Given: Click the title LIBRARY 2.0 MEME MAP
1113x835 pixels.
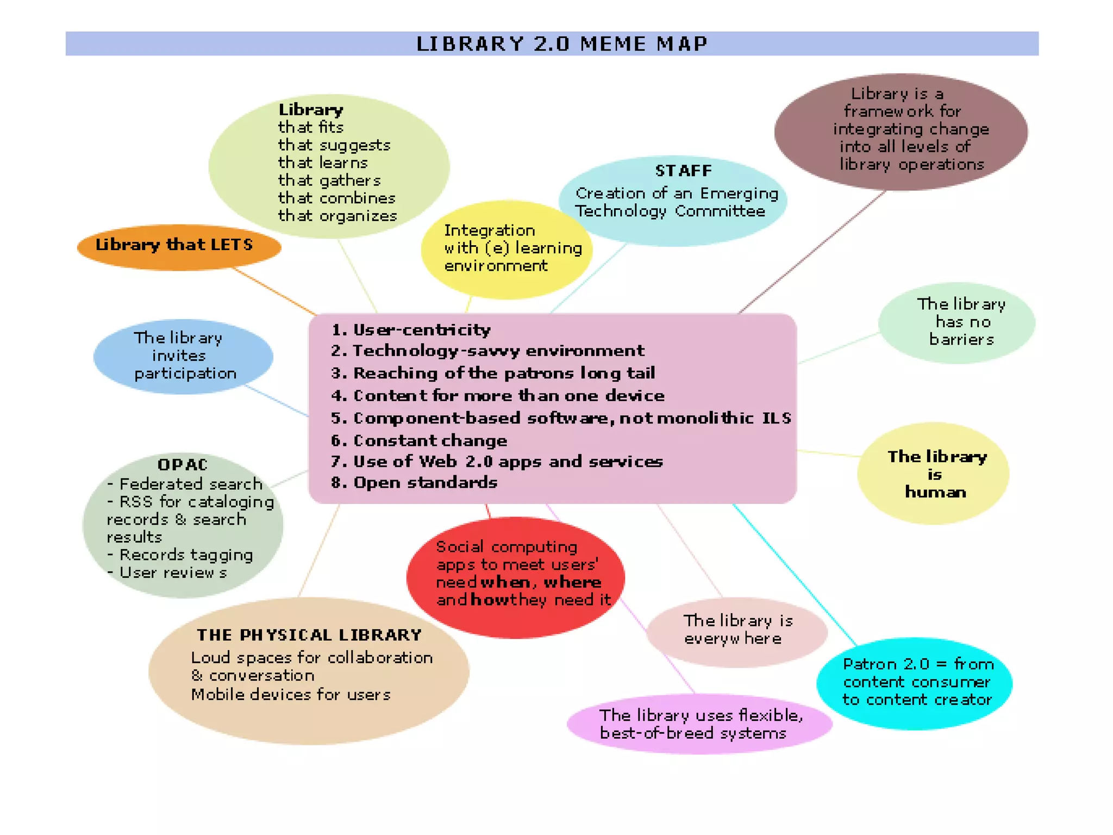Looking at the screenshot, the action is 562,43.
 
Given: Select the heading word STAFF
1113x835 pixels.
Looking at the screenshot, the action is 683,171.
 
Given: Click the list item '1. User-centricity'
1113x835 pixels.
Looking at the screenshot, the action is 411,330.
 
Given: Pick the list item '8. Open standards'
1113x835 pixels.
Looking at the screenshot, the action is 415,483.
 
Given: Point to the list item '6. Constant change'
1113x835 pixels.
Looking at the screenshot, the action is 420,440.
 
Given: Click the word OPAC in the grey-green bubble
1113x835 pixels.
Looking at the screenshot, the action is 183,465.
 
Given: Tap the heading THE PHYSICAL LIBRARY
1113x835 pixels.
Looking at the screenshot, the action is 309,635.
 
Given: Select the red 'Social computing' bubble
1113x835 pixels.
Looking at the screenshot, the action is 515,576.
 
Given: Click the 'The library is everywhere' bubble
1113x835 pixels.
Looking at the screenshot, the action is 737,631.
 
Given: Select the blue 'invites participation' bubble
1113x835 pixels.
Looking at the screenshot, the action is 183,356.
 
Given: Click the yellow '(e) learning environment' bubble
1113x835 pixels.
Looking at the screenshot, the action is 507,249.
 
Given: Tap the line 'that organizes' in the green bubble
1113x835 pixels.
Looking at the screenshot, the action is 337,216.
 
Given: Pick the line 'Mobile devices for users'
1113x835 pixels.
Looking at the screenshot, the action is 291,695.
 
